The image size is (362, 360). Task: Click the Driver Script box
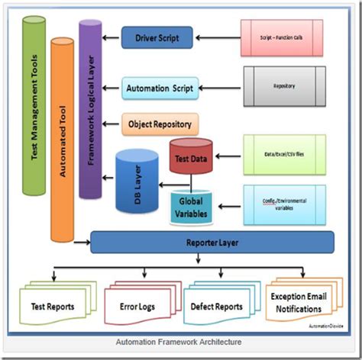[x=157, y=37]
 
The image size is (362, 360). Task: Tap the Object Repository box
[x=160, y=122]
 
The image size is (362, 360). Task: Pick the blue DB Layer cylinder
[x=137, y=184]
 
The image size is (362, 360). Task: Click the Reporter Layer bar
[x=212, y=243]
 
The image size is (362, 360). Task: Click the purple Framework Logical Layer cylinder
[x=90, y=107]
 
